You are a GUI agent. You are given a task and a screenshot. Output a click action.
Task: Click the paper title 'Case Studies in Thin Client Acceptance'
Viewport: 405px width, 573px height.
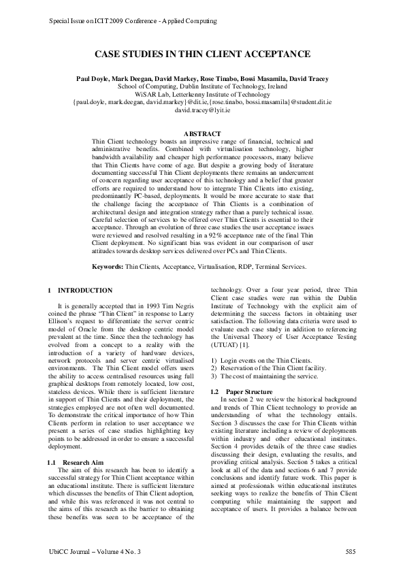[x=202, y=54]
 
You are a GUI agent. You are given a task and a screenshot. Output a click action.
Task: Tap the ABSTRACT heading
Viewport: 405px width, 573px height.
[x=202, y=133]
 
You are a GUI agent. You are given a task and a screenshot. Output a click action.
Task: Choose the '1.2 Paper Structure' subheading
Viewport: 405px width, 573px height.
[x=242, y=392]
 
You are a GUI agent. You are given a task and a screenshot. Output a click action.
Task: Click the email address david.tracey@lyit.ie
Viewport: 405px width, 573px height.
[x=202, y=110]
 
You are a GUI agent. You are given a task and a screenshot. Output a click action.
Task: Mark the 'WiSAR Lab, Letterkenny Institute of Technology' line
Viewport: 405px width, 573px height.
[x=202, y=95]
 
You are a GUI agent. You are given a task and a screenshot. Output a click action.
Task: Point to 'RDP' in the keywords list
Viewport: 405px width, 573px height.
[x=236, y=266]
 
